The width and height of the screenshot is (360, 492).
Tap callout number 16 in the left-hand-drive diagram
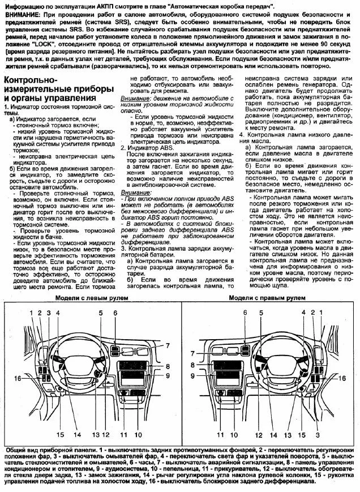click(18, 378)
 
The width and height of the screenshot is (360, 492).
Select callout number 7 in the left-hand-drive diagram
click(168, 345)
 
